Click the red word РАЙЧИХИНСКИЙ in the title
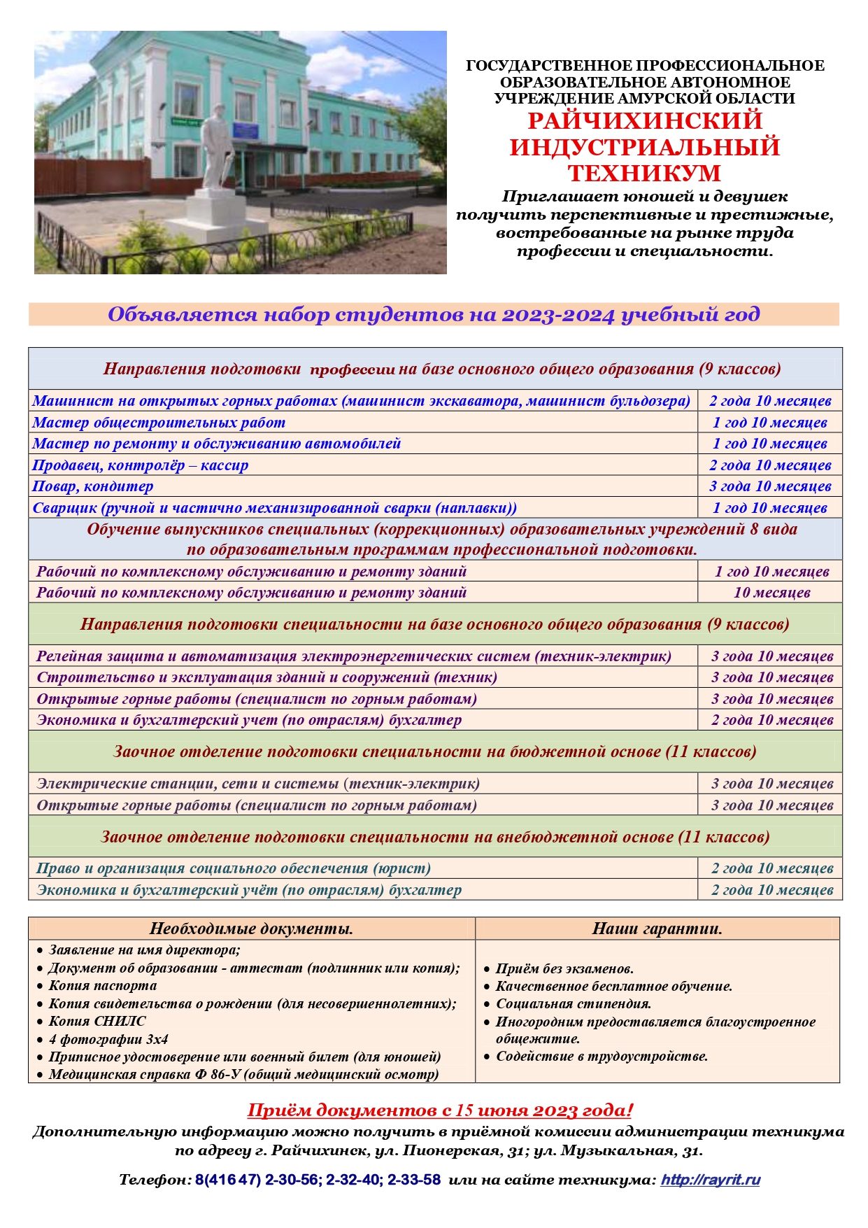pyautogui.click(x=644, y=120)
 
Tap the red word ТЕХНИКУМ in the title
pyautogui.click(x=644, y=173)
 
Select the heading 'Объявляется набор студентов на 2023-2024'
pyautogui.click(x=434, y=314)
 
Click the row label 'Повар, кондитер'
pyautogui.click(x=93, y=486)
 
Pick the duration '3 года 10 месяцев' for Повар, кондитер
pyautogui.click(x=770, y=486)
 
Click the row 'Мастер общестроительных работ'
pyautogui.click(x=159, y=423)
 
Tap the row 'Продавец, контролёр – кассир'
pyautogui.click(x=141, y=465)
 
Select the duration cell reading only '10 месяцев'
pyautogui.click(x=771, y=593)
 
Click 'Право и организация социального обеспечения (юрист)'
pyautogui.click(x=234, y=868)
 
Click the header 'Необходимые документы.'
pyautogui.click(x=251, y=929)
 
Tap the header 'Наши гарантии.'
pyautogui.click(x=657, y=929)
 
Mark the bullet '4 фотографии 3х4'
pyautogui.click(x=108, y=1039)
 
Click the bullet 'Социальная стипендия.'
pyautogui.click(x=574, y=1003)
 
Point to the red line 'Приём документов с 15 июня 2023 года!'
pyautogui.click(x=440, y=1110)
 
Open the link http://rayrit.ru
pyautogui.click(x=710, y=1180)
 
